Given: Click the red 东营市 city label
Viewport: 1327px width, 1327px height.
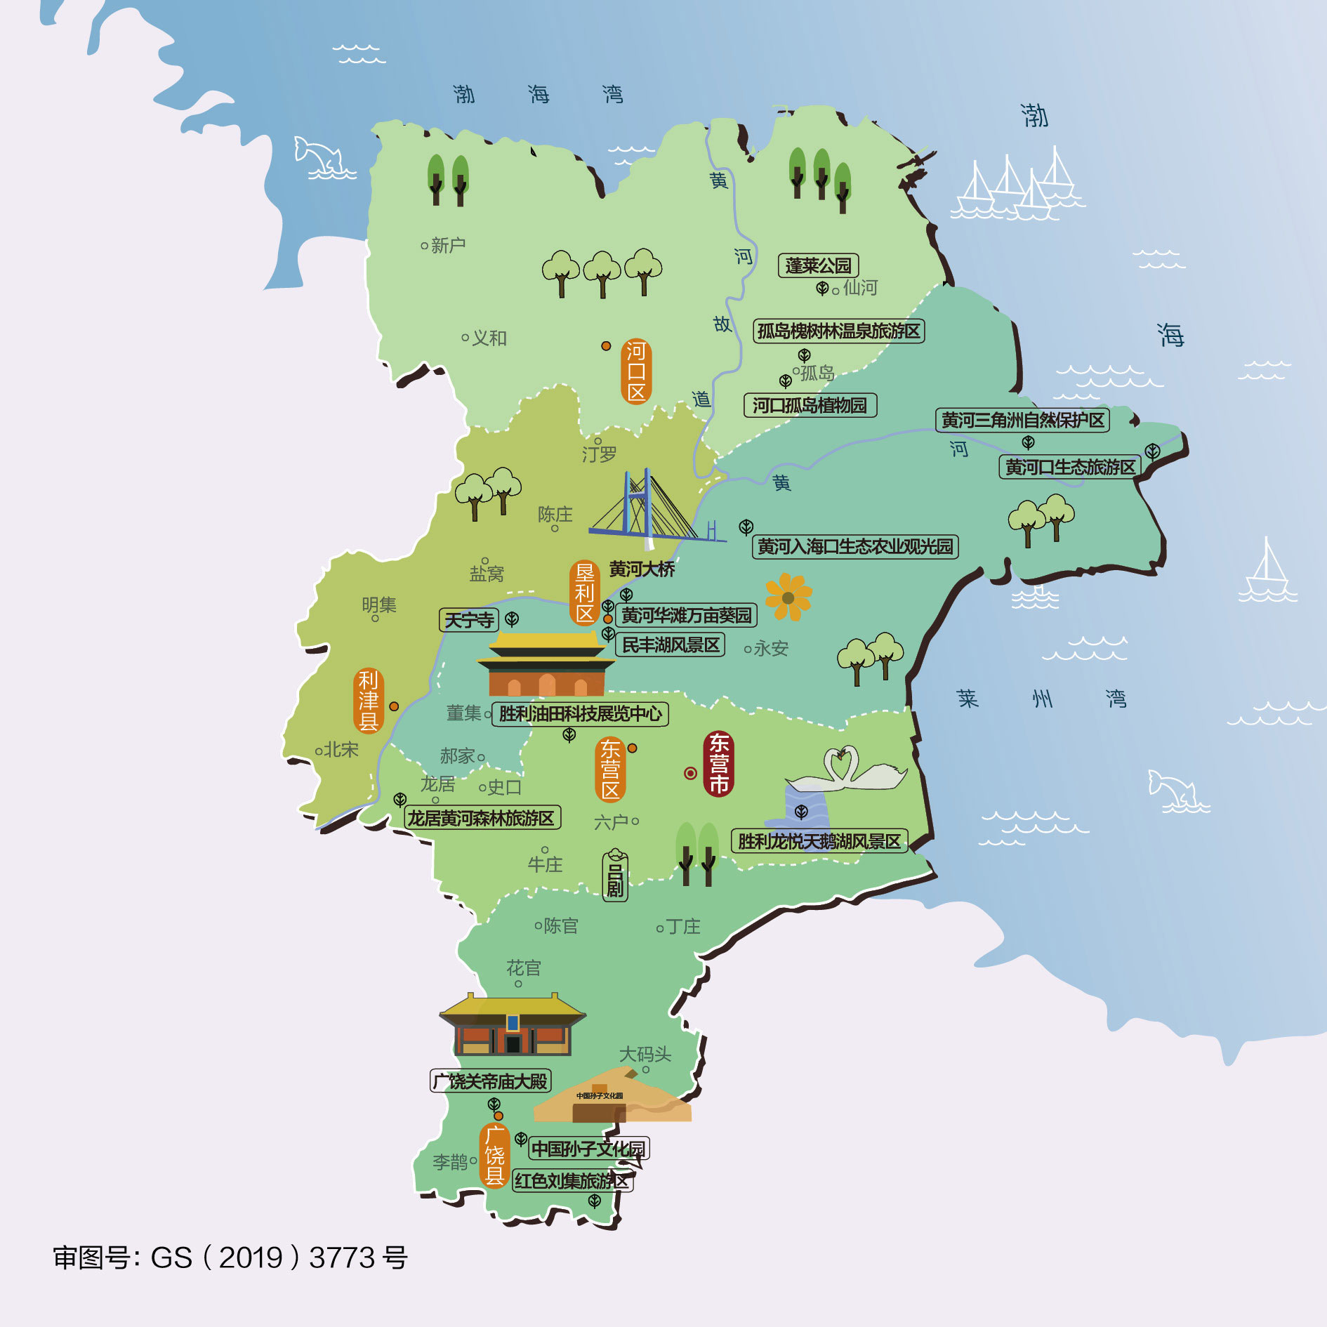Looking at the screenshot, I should click(x=718, y=764).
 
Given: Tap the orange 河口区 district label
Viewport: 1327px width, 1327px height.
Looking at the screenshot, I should click(x=636, y=371).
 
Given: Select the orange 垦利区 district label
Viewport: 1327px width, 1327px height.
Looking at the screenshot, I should click(x=584, y=593).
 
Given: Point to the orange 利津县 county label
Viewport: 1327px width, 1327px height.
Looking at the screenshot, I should click(x=368, y=700).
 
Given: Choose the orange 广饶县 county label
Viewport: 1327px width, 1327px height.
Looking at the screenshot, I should click(x=494, y=1155).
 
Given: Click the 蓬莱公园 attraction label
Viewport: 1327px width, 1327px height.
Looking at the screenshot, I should click(x=818, y=265).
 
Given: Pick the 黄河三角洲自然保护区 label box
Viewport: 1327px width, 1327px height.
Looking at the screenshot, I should click(x=1022, y=420).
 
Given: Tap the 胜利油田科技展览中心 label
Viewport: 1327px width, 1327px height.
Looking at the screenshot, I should click(x=580, y=714).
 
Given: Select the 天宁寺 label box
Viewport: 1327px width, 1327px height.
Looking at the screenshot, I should click(x=469, y=620).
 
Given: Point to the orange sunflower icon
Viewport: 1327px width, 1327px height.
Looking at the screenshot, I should click(x=788, y=598).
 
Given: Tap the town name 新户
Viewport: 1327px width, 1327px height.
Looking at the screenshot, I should click(x=447, y=245).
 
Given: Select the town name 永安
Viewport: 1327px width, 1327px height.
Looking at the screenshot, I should click(x=770, y=649).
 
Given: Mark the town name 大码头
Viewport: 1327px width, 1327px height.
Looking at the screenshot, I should click(x=645, y=1054).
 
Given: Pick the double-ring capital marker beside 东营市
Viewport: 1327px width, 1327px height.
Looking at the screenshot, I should click(x=690, y=773).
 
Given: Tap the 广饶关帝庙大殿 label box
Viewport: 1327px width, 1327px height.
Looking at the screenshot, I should click(x=490, y=1081).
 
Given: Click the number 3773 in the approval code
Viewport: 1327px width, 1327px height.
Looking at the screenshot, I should click(x=342, y=1257).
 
